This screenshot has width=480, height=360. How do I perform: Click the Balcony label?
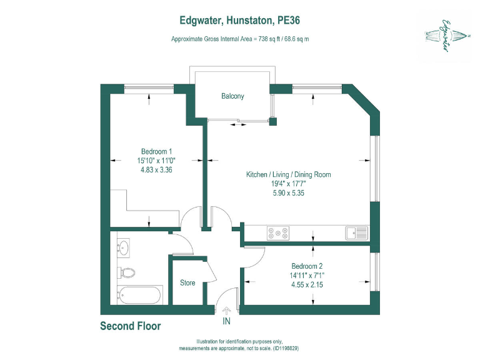click(x=232, y=96)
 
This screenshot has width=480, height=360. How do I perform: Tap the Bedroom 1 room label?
click(x=156, y=151)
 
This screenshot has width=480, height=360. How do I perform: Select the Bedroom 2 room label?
click(x=306, y=266)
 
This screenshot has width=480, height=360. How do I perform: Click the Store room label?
click(x=187, y=283)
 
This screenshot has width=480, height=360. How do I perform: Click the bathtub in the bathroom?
click(x=140, y=295)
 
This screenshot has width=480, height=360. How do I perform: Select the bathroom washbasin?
click(x=123, y=247)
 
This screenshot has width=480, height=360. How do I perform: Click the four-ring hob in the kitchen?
click(x=278, y=233)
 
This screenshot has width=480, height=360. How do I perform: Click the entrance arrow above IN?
click(x=226, y=311)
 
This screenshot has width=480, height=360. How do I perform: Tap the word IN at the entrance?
click(x=226, y=322)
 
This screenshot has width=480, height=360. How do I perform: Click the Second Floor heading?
click(x=131, y=326)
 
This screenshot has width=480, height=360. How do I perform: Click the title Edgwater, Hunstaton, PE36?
click(x=239, y=21)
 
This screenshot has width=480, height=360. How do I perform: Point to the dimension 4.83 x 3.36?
click(x=156, y=169)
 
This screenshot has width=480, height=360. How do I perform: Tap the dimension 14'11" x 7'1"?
click(x=306, y=275)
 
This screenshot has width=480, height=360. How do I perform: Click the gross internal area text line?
click(x=241, y=39)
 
